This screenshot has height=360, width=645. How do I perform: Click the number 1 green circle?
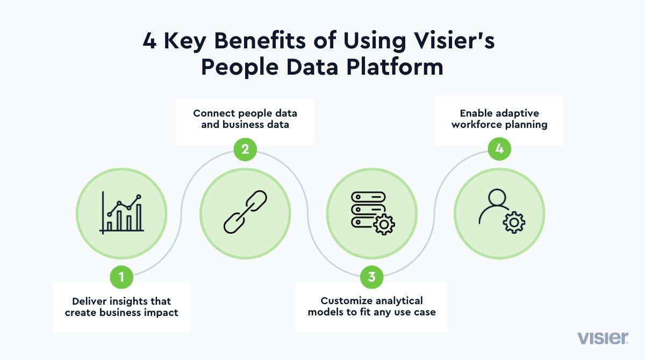coord(121,277)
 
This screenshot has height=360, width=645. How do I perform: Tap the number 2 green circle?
coord(245,149)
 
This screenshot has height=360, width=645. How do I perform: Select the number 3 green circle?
coord(372,277)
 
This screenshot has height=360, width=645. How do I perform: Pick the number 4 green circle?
coord(499,149)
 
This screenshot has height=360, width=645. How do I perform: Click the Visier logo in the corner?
coord(603,338)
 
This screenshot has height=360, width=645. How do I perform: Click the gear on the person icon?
coord(514,222)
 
